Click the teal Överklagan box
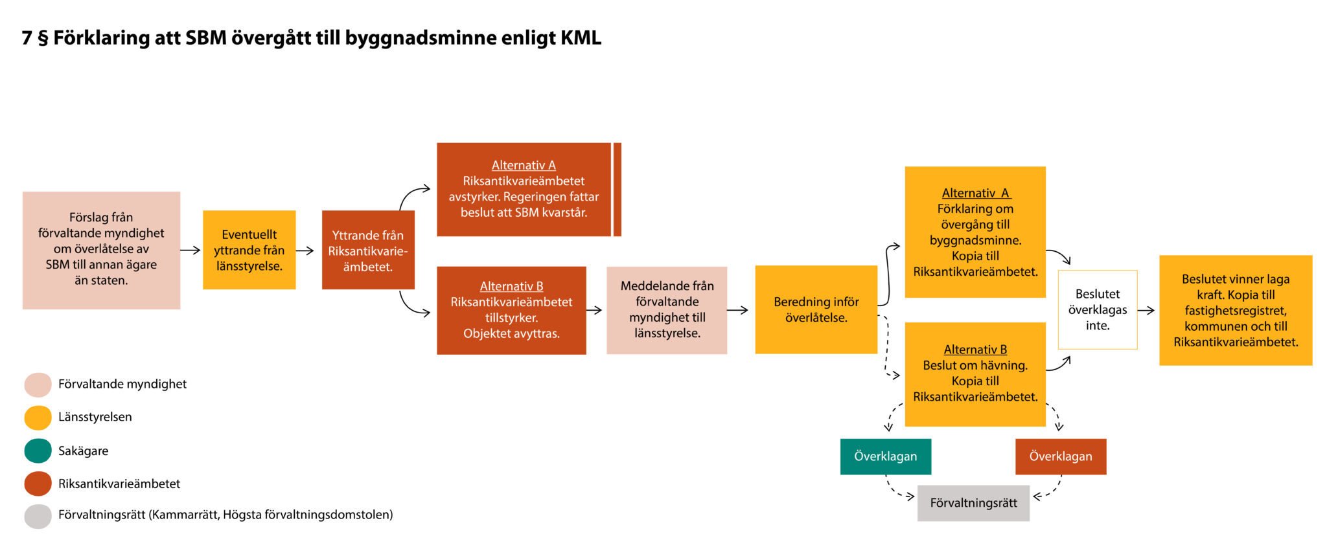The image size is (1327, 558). pyautogui.click(x=885, y=456)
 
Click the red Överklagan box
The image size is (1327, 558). pyautogui.click(x=1060, y=456)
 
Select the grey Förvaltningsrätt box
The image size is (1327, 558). pyautogui.click(x=973, y=503)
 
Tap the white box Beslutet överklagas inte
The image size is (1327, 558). pyautogui.click(x=1097, y=310)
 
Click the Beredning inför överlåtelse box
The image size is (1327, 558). pyautogui.click(x=816, y=309)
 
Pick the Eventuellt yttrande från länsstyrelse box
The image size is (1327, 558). pyautogui.click(x=249, y=250)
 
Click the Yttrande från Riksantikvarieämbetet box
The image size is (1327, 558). pyautogui.click(x=367, y=250)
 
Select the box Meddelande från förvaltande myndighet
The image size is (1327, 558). pyautogui.click(x=666, y=310)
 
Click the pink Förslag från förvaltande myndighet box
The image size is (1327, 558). pyautogui.click(x=101, y=250)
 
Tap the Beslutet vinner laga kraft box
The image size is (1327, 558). pyautogui.click(x=1235, y=310)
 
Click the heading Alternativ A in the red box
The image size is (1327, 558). pyautogui.click(x=524, y=165)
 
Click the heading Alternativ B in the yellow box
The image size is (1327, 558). pyautogui.click(x=975, y=350)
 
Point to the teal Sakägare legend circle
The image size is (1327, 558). pyautogui.click(x=38, y=451)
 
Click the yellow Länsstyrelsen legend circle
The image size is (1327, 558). pyautogui.click(x=38, y=418)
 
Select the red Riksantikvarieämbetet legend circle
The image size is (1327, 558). pyautogui.click(x=38, y=484)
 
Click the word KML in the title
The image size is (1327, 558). pyautogui.click(x=581, y=38)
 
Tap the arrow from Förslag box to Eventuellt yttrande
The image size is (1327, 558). pyautogui.click(x=190, y=250)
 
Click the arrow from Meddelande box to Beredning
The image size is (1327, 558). pyautogui.click(x=737, y=310)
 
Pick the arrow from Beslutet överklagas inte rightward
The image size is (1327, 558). pyautogui.click(x=1146, y=310)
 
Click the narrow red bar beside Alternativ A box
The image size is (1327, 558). pyautogui.click(x=617, y=189)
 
